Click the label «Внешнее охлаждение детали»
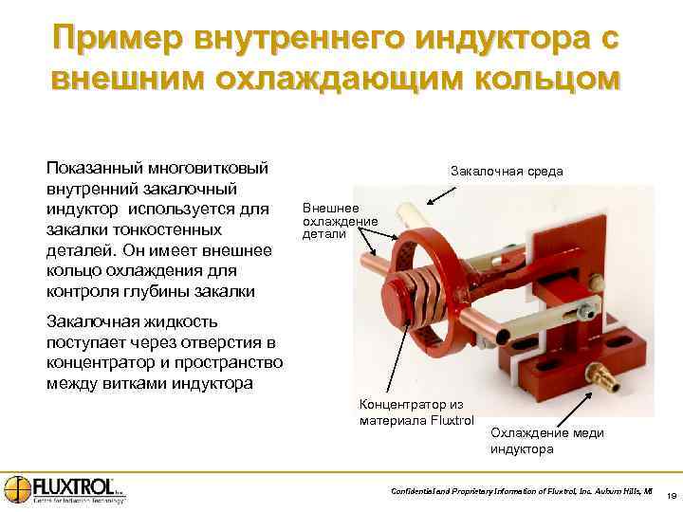pyautogui.click(x=340, y=220)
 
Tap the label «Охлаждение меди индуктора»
pyautogui.click(x=546, y=440)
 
